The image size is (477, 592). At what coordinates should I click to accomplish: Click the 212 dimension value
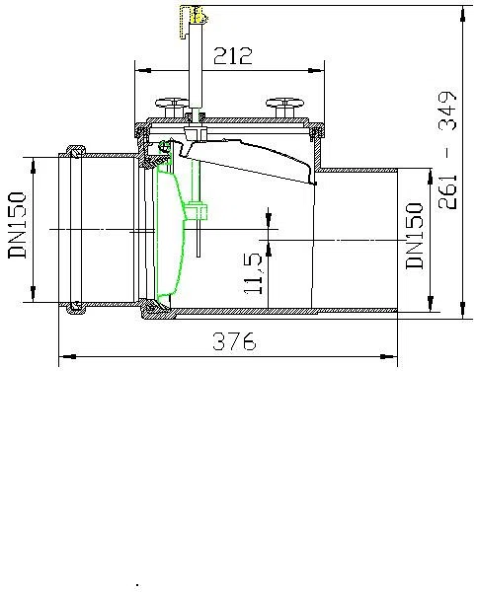(x=232, y=56)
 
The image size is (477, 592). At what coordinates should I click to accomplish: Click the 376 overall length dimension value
(x=234, y=341)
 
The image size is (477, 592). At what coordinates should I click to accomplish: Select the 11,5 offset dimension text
(x=253, y=273)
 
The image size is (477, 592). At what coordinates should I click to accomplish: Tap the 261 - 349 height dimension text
(x=448, y=150)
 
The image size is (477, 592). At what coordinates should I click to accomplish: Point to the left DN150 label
(x=18, y=225)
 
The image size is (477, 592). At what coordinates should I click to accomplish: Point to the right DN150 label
(x=415, y=236)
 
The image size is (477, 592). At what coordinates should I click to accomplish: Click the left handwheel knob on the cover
(x=173, y=108)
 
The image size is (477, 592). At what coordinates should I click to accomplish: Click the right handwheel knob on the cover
(x=285, y=108)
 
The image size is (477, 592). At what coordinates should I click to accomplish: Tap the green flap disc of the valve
(x=170, y=234)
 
